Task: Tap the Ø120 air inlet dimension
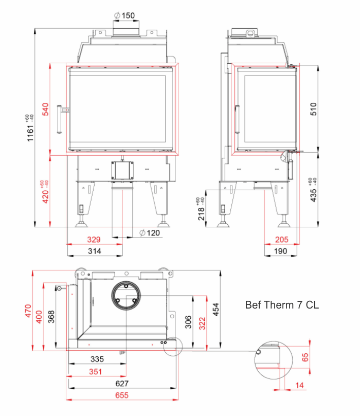click(x=150, y=233)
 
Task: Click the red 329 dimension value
click(x=93, y=240)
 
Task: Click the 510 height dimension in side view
click(x=314, y=109)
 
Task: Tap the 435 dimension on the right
click(x=314, y=190)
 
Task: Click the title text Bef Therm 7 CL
click(x=282, y=305)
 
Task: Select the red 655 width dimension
click(x=122, y=395)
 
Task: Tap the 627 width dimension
click(x=122, y=383)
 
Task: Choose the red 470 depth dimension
click(x=28, y=311)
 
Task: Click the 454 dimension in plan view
click(x=217, y=309)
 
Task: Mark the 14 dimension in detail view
click(x=300, y=385)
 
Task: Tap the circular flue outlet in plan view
click(x=125, y=297)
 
